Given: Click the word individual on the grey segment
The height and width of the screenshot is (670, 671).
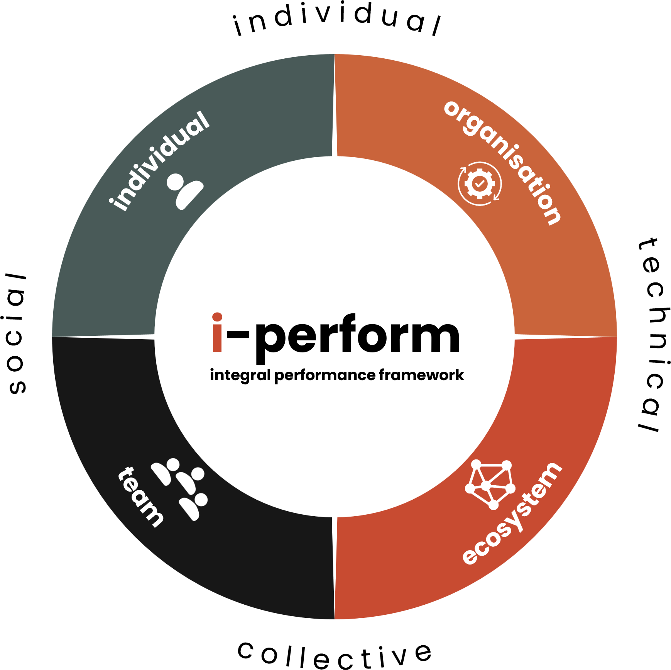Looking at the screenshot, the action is [159, 161].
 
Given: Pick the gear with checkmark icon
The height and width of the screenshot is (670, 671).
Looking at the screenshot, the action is [480, 184].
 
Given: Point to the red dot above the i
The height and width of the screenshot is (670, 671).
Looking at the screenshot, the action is [217, 317].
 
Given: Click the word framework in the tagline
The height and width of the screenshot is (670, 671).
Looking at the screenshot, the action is [421, 375].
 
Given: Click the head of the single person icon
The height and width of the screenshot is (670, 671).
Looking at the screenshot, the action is [176, 182].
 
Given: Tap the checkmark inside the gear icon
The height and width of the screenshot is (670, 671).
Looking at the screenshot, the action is [480, 184].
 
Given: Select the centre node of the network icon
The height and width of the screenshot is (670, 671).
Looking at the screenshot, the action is [486, 485].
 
